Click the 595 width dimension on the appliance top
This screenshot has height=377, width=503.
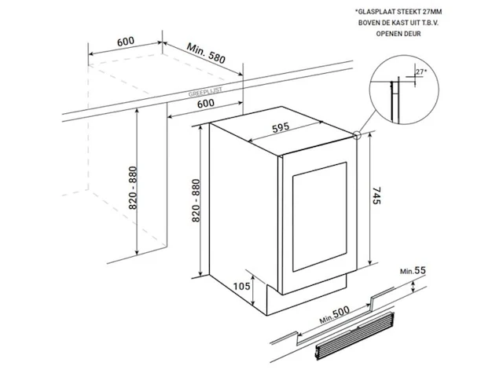281,127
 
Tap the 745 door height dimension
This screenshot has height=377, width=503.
376,196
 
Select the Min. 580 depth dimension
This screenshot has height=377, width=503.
206,53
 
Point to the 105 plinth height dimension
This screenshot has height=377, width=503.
241,286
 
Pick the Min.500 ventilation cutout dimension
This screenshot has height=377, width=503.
334,314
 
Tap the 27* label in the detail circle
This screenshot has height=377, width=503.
421,71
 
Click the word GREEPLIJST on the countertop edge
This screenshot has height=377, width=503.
205,93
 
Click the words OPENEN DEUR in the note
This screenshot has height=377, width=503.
398,34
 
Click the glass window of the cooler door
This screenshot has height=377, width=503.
320,217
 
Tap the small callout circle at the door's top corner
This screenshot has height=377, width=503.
357,136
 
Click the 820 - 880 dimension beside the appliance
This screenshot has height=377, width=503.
196,200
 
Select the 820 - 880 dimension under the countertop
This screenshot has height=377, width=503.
133,188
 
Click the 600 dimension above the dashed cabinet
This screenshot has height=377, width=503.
126,42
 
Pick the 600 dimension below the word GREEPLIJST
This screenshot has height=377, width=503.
206,103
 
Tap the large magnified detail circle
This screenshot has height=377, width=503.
404,90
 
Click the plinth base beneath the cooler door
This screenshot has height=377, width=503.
307,295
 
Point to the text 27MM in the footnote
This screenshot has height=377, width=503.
431,12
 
